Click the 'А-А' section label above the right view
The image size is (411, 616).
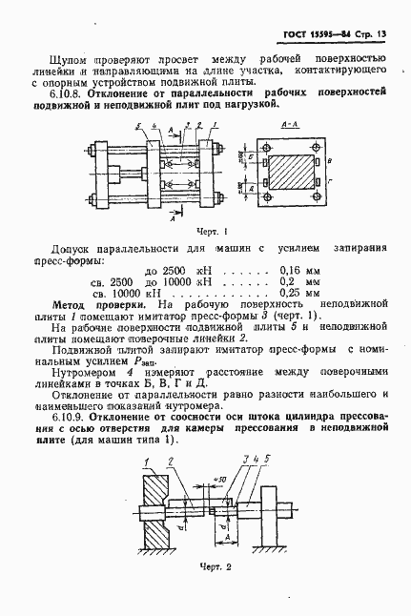pos(294,124)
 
